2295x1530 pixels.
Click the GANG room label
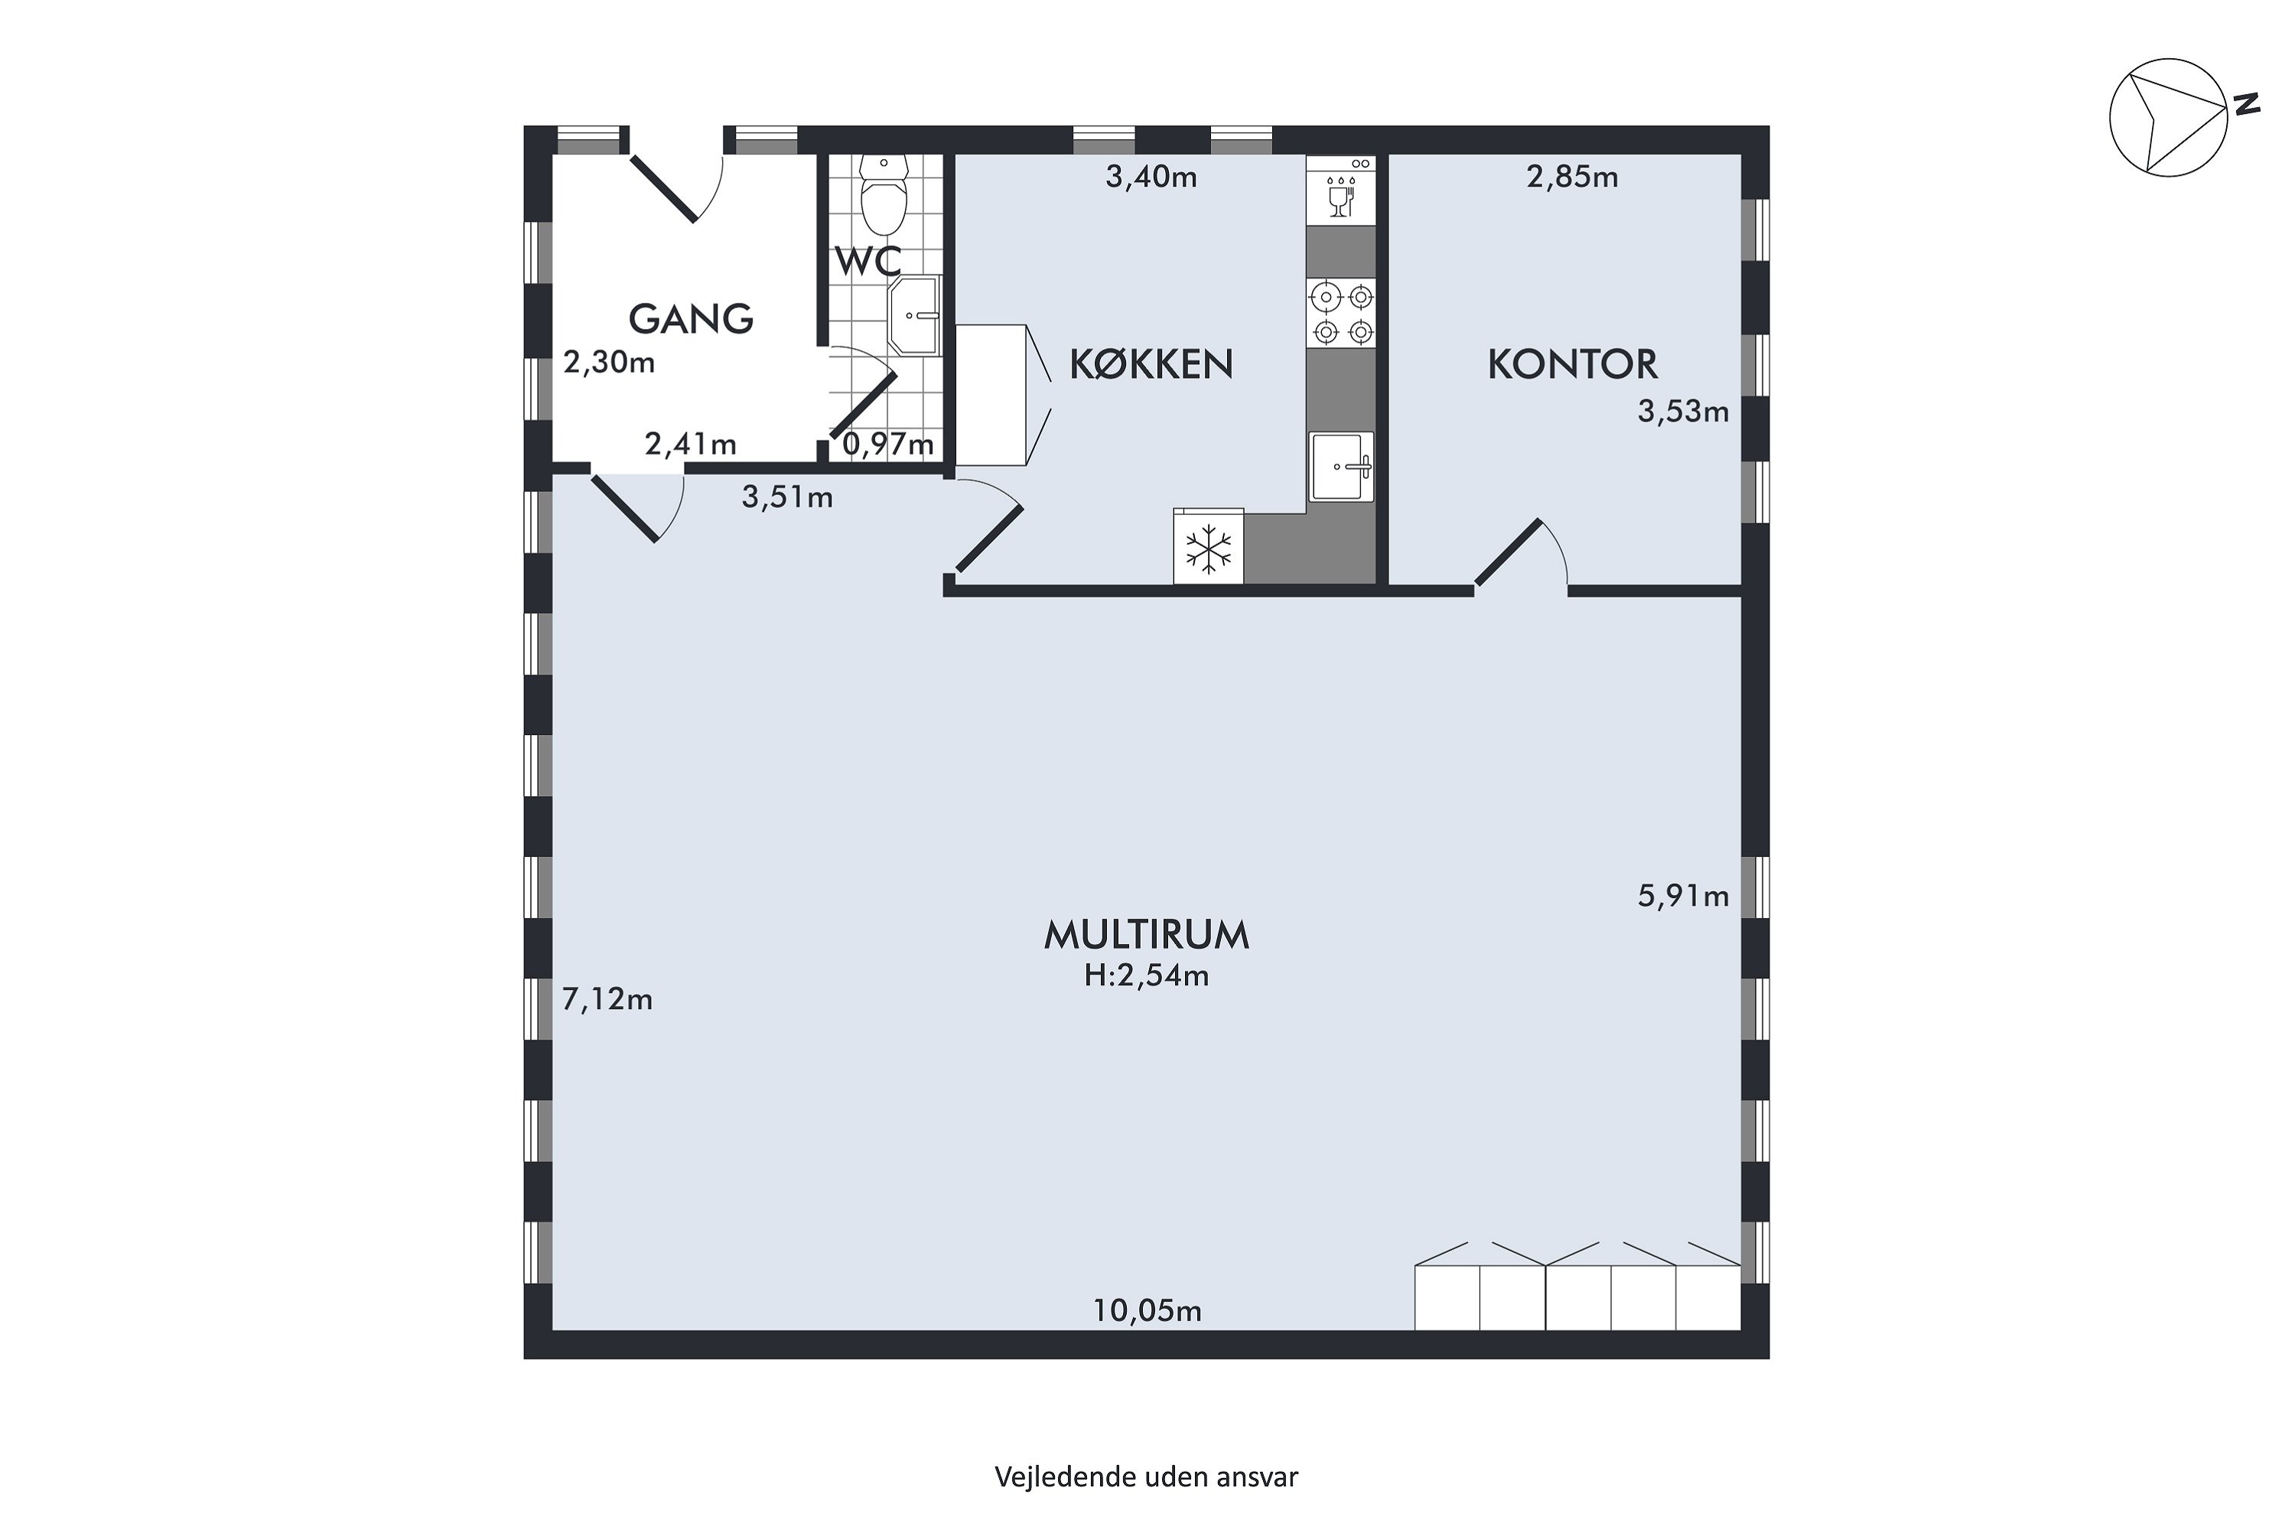[x=691, y=319]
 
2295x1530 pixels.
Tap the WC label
[x=867, y=262]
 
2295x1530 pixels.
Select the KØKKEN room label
[x=1151, y=364]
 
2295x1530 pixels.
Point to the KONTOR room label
[x=1572, y=364]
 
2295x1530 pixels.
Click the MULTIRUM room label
[x=1147, y=935]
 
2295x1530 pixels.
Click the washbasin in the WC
[x=914, y=314]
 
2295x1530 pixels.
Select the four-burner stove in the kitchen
[x=1342, y=312]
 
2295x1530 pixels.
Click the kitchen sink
[x=1342, y=467]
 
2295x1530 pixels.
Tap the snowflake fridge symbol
[x=1209, y=548]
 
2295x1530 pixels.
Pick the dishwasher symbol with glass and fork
[x=1342, y=190]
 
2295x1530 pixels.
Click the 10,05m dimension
[x=1147, y=1310]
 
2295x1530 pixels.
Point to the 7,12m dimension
[x=607, y=999]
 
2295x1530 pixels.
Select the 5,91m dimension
[x=1683, y=896]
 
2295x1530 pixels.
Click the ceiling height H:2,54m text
[x=1147, y=976]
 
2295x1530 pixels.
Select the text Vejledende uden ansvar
[x=1147, y=1477]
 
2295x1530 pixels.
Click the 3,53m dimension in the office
[x=1683, y=412]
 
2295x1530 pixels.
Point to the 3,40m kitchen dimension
[x=1151, y=177]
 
